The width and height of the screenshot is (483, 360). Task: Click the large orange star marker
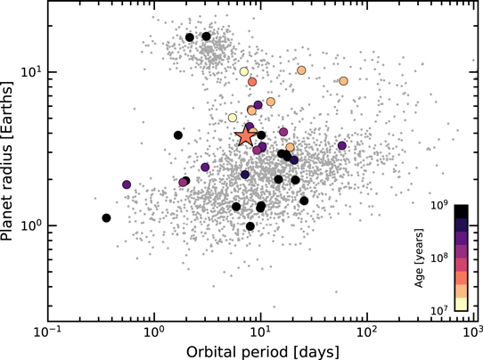pyautogui.click(x=246, y=135)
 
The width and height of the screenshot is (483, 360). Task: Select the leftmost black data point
pyautogui.click(x=106, y=218)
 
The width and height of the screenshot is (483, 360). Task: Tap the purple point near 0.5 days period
pyautogui.click(x=127, y=184)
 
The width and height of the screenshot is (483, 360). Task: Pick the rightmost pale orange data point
pyautogui.click(x=343, y=81)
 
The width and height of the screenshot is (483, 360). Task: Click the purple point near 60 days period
pyautogui.click(x=341, y=145)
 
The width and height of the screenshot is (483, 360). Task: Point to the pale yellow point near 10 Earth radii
pyautogui.click(x=244, y=71)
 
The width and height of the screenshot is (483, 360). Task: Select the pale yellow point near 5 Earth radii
pyautogui.click(x=233, y=118)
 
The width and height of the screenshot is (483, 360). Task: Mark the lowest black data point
pyautogui.click(x=250, y=226)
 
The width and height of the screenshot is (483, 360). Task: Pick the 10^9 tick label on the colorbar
pyautogui.click(x=463, y=205)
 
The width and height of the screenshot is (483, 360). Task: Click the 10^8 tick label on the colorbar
pyautogui.click(x=463, y=257)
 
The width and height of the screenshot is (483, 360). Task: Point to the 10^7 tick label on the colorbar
pyautogui.click(x=463, y=308)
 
